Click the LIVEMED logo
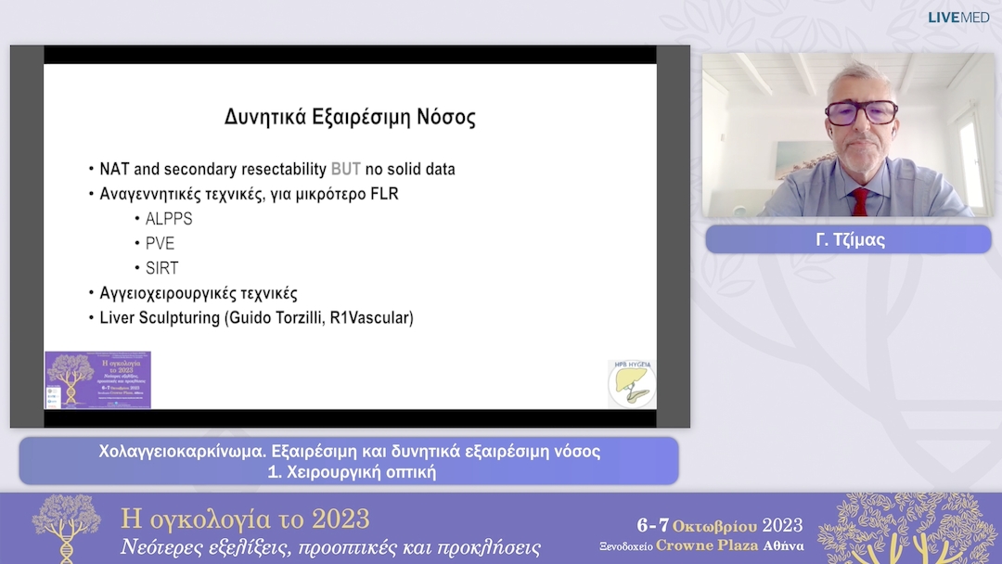click(x=958, y=18)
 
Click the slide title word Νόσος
click(x=442, y=118)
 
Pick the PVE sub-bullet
click(x=160, y=244)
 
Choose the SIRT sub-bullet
click(x=161, y=268)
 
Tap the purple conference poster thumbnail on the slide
click(x=98, y=379)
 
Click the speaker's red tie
click(x=860, y=201)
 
